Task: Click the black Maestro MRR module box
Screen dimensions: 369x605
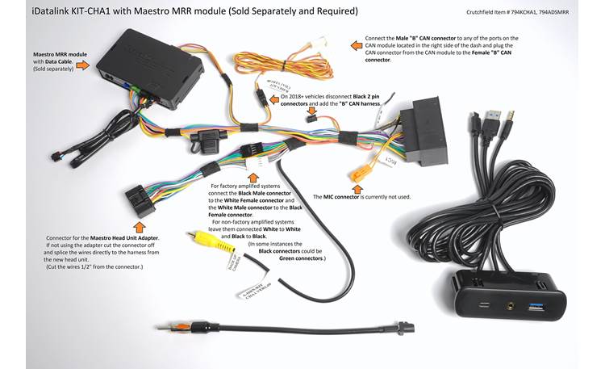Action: point(157,61)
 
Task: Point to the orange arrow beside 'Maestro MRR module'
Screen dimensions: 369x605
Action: point(81,64)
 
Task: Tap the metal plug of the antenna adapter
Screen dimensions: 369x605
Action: point(167,328)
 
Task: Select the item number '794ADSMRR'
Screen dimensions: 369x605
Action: point(574,14)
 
